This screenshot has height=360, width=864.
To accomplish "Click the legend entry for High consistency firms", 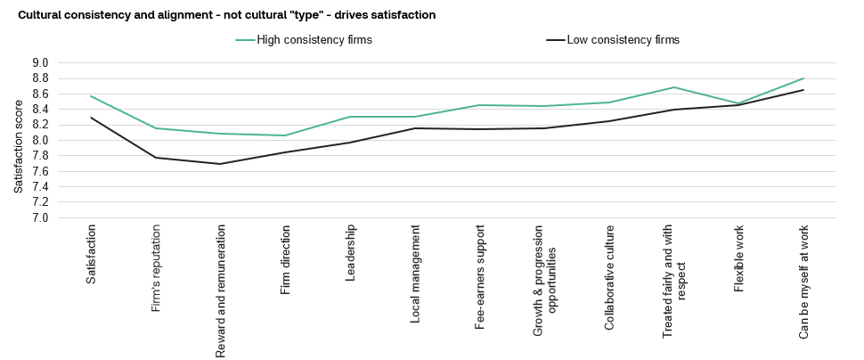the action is [x=304, y=40].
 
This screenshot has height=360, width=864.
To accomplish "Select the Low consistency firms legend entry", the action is [x=613, y=40].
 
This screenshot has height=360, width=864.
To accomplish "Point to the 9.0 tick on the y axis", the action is [x=41, y=63].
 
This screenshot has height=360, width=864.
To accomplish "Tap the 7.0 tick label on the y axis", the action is [x=41, y=217].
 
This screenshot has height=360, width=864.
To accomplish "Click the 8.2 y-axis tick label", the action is [x=41, y=125].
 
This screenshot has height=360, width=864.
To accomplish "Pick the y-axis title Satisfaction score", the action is [x=19, y=146].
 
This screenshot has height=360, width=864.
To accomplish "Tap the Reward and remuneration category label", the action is [x=220, y=291].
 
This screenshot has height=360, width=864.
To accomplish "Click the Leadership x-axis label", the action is [x=350, y=254].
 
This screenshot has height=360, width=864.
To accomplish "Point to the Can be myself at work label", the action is [x=803, y=282].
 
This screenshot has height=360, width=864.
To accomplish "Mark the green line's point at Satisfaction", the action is [x=90, y=96].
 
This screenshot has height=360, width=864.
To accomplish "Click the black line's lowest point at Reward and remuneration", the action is [x=220, y=164].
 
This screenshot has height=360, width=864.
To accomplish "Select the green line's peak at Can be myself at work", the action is [x=803, y=78].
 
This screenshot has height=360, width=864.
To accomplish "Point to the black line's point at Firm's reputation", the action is [x=155, y=158].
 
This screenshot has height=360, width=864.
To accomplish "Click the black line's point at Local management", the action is [x=414, y=128].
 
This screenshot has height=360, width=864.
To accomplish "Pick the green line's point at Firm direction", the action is [x=285, y=135].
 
